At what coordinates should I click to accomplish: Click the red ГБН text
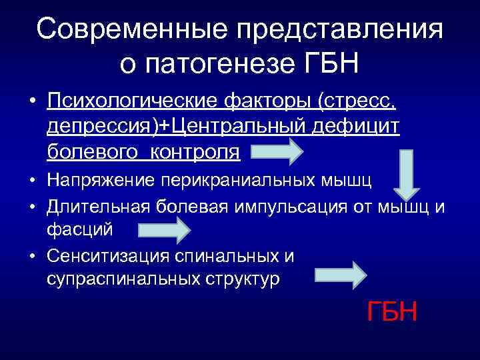392,311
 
